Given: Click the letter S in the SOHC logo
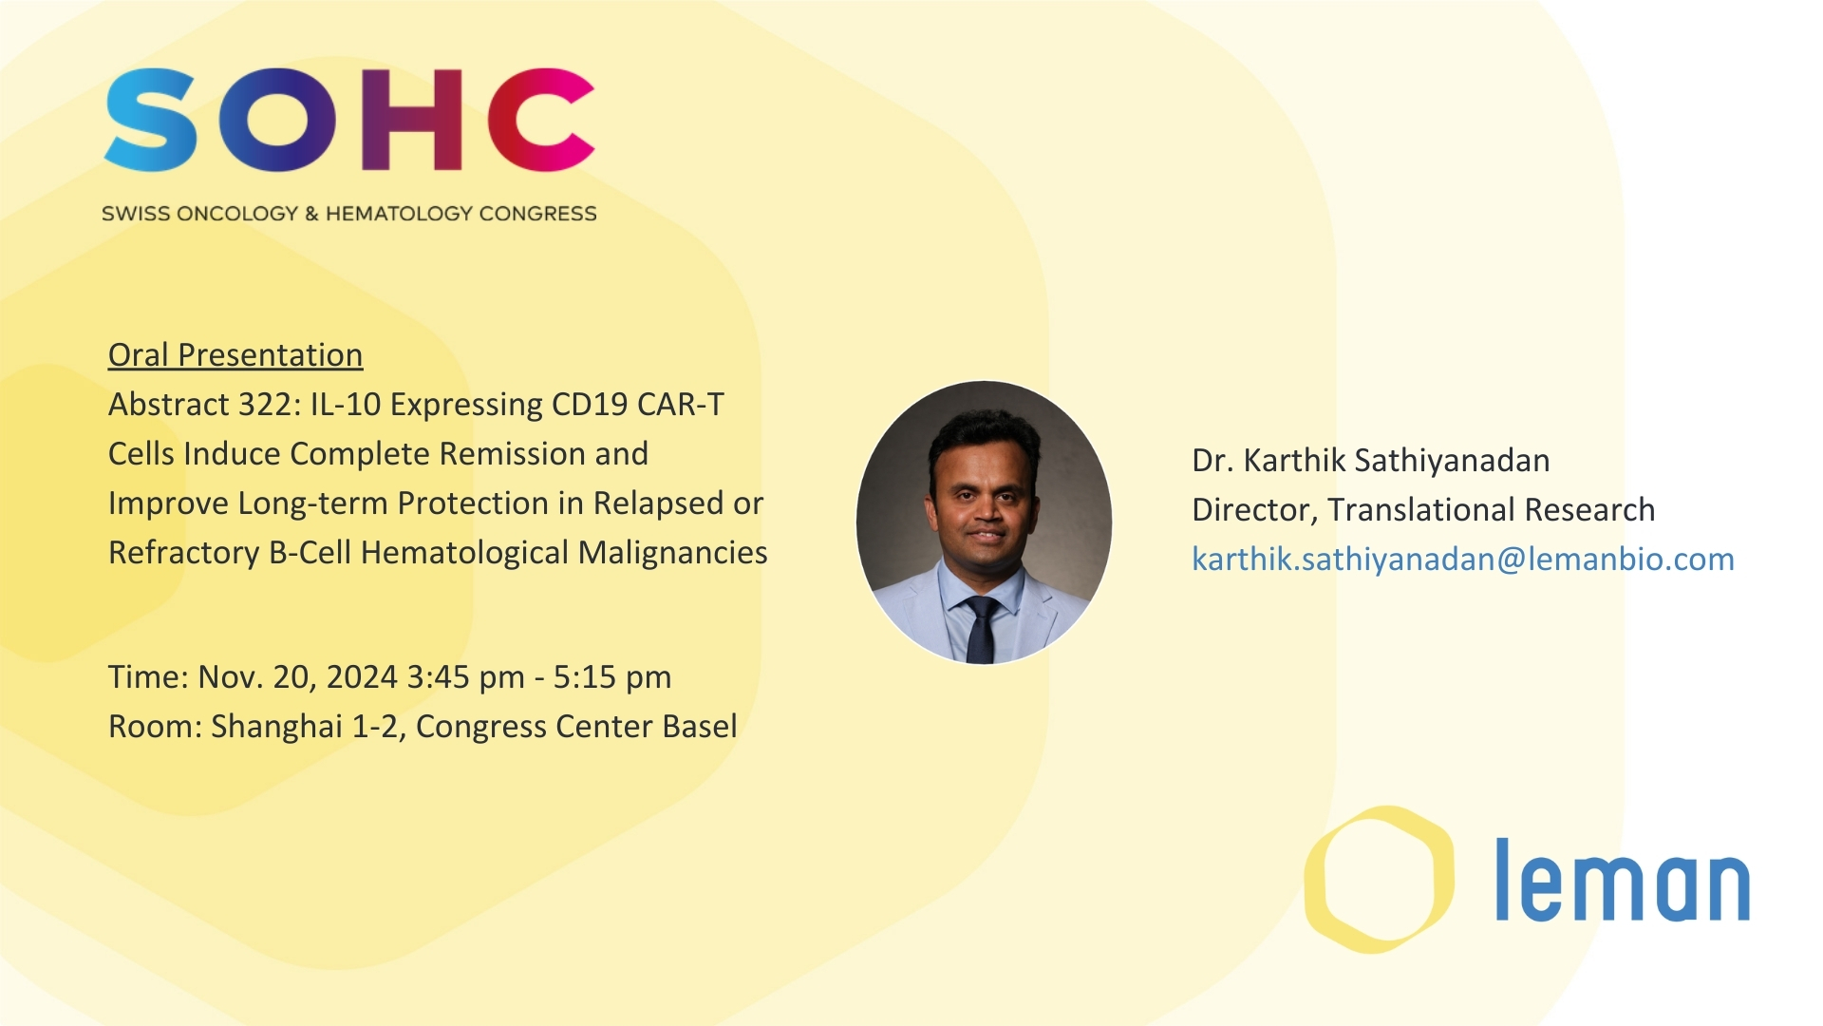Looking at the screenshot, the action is (152, 120).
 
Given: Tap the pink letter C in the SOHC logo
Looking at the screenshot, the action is (541, 120).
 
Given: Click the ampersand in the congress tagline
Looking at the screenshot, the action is (311, 214).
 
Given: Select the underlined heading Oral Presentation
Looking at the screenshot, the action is (235, 354).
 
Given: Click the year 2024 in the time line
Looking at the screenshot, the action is (362, 677).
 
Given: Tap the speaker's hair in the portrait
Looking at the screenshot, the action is (984, 433).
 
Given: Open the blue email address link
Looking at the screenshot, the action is (1463, 560).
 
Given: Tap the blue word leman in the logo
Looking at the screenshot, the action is (1623, 881).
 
